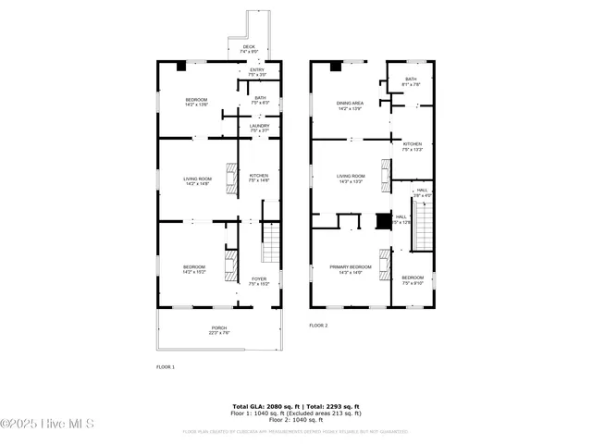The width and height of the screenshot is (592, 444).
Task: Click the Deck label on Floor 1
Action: [249, 49]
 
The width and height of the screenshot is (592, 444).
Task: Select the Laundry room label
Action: [259, 128]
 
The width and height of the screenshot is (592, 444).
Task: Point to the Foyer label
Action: [259, 280]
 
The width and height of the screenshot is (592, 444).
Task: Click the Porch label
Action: [219, 330]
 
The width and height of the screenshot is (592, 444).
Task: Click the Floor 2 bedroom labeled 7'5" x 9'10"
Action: [413, 280]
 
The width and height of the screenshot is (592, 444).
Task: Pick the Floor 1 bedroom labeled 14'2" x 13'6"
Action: [196, 102]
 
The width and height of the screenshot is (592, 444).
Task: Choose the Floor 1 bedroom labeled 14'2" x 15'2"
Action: [194, 269]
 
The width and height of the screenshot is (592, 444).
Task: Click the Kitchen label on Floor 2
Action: [413, 146]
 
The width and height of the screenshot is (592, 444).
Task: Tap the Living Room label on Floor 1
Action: [196, 180]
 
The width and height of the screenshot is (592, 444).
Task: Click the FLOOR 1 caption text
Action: [165, 367]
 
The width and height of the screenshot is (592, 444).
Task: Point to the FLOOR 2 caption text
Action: [318, 326]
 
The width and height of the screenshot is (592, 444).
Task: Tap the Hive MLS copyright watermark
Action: [48, 425]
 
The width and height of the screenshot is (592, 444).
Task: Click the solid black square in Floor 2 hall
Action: [383, 221]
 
